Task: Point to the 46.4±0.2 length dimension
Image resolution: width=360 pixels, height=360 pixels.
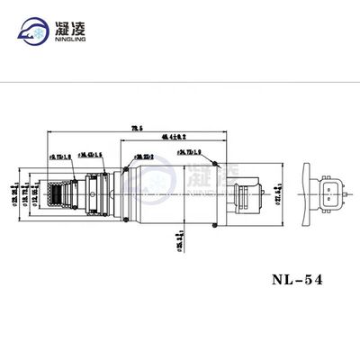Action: tap(186, 137)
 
